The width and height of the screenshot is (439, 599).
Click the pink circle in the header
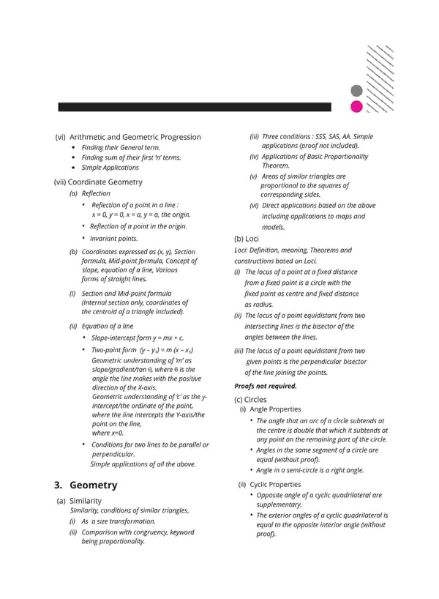pos(356,107)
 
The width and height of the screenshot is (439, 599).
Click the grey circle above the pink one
pos(356,91)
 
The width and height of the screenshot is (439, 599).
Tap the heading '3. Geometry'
pos(86,485)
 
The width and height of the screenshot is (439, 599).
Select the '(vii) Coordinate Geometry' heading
pos(99,182)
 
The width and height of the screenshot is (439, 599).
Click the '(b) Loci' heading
pos(247,239)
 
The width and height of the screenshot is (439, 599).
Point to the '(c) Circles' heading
pos(252,399)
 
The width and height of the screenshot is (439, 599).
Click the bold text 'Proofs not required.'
pos(266,386)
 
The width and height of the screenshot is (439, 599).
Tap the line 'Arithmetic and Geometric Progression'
pos(135,137)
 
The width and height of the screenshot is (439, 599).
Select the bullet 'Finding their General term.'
pos(121,147)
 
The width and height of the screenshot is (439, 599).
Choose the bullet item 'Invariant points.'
pos(114,238)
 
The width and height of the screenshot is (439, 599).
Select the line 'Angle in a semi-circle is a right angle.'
pos(310,470)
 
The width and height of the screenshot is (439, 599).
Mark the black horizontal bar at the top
pos(194,107)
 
